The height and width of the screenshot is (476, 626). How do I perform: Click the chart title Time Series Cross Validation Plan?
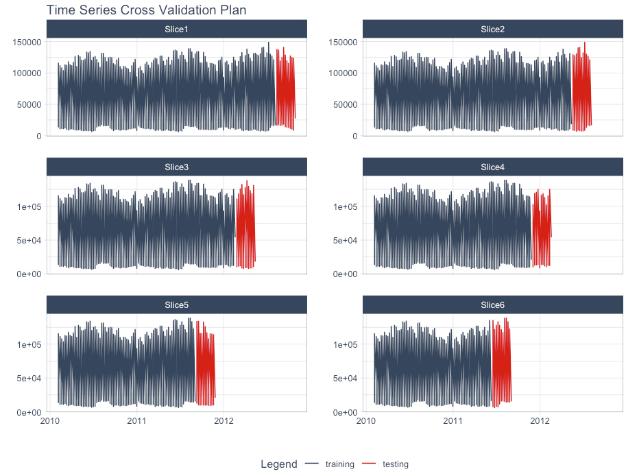coord(146,10)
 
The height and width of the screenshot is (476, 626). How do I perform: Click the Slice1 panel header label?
coord(176,29)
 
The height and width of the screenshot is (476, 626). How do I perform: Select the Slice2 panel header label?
coord(492,29)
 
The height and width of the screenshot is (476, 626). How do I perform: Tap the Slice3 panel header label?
coord(176,167)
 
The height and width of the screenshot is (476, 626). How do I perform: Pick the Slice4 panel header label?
coord(492,167)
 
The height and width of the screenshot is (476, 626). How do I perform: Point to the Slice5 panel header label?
coord(176,305)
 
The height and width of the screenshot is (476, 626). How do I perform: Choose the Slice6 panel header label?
coord(492,305)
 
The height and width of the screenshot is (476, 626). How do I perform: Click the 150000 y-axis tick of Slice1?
coord(27,42)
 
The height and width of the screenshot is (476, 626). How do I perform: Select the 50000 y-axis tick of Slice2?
coord(346,104)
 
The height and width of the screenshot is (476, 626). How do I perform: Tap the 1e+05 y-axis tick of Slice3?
coord(29,206)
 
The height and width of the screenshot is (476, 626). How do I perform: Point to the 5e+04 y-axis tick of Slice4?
coord(346,240)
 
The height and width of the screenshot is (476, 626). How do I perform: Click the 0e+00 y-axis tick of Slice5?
coord(29,412)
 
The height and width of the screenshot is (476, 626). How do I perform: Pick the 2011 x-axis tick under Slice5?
coord(137,420)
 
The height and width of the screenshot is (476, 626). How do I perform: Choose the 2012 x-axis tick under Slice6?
coord(540,420)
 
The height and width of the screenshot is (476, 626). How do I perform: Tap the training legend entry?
coord(339,464)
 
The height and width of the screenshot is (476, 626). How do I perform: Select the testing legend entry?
coord(396,464)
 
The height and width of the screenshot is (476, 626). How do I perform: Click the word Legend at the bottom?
coord(278,464)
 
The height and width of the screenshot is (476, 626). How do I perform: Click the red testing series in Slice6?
coord(501,364)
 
